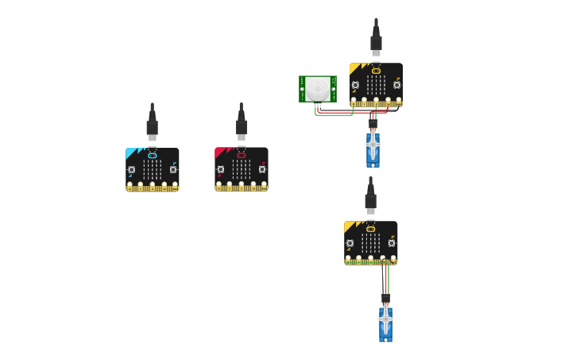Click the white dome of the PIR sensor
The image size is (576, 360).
tap(318, 88)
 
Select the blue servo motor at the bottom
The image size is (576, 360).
tap(385, 325)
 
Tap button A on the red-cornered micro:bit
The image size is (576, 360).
tap(221, 169)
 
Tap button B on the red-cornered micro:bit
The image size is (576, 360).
tap(261, 169)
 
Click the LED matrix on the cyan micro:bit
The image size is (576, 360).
tap(153, 169)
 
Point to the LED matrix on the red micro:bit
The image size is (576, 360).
tap(242, 169)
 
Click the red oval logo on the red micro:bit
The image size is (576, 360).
tap(242, 155)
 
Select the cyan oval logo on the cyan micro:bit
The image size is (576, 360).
tap(153, 155)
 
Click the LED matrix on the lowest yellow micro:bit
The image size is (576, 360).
tap(371, 243)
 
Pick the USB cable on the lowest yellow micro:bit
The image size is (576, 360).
tap(370, 199)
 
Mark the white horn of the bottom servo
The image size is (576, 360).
tap(385, 319)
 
